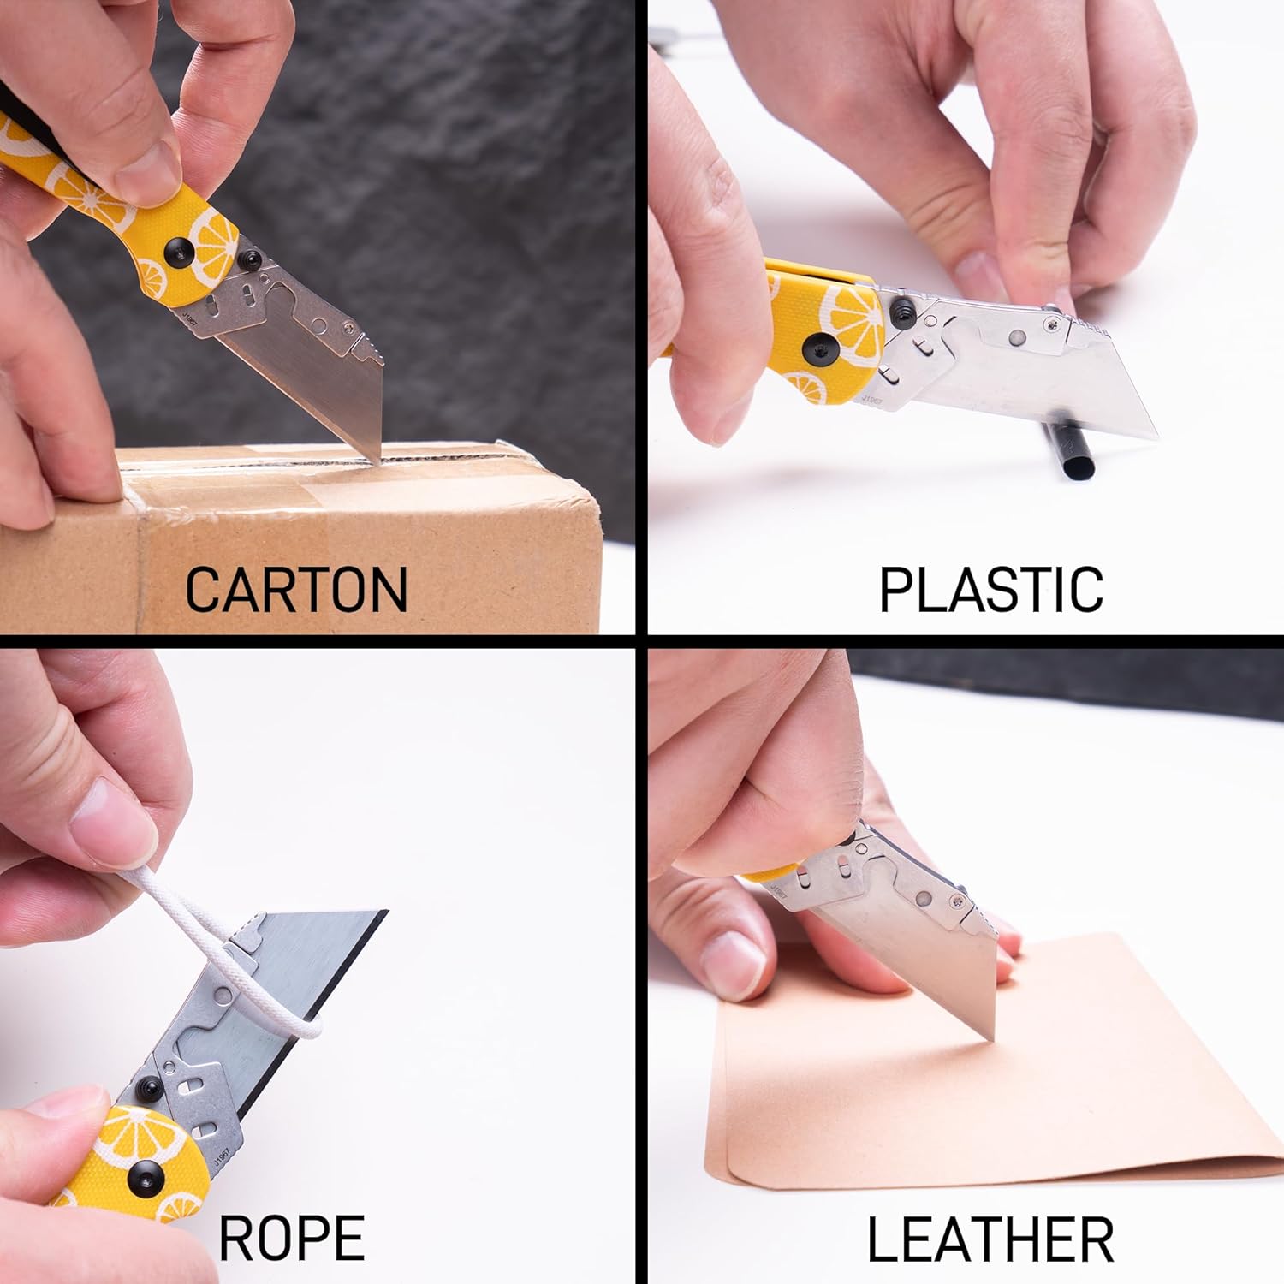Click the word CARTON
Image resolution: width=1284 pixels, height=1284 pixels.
(x=296, y=589)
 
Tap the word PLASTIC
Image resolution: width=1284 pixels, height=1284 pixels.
(x=990, y=589)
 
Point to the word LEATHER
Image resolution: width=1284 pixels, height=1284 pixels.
(x=990, y=1239)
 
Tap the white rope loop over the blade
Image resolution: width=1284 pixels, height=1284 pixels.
(x=257, y=967)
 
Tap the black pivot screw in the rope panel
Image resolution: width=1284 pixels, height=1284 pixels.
(x=140, y=1182)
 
